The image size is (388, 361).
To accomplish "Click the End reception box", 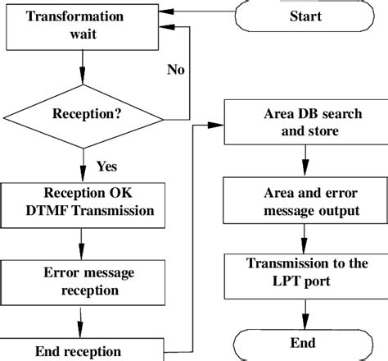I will (80, 350).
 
